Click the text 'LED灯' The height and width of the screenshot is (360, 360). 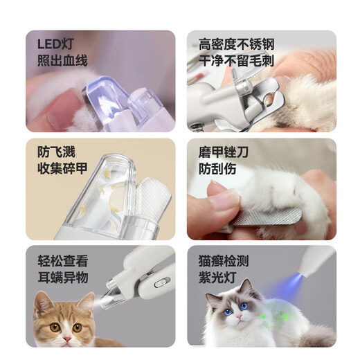56,44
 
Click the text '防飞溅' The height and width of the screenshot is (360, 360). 56,152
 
